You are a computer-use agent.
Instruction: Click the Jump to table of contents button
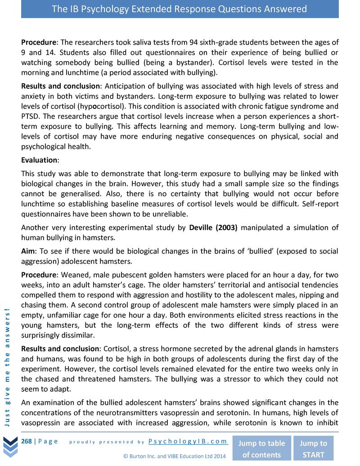pos(261,448)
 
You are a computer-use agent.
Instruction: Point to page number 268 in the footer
pos(26,441)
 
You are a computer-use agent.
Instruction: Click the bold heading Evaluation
pos(40,160)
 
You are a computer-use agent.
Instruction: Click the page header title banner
pos(180,9)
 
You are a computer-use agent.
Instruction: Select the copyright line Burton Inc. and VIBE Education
pos(174,456)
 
